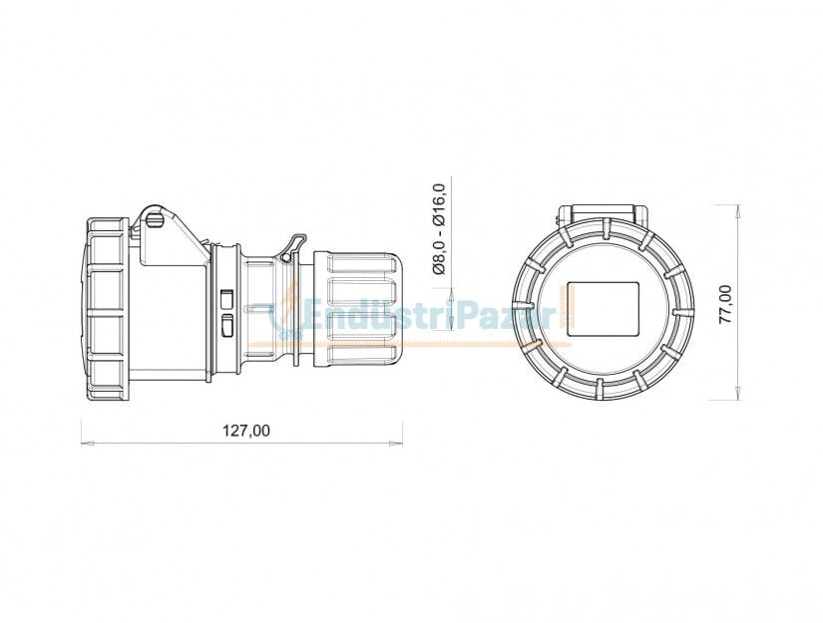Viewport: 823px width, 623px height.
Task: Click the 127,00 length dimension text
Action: [x=243, y=431]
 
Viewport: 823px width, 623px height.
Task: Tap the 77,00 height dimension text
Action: [x=725, y=303]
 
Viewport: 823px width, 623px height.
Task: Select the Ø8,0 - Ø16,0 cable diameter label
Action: [x=438, y=228]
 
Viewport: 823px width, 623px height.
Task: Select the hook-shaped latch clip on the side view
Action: [x=294, y=246]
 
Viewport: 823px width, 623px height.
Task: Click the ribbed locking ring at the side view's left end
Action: [x=105, y=309]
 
